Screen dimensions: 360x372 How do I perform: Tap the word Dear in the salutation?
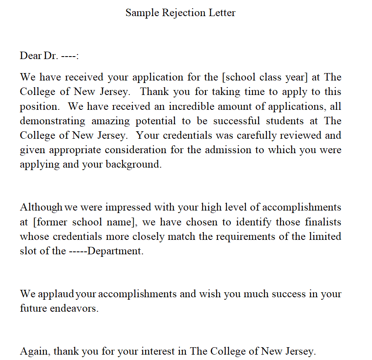point(31,56)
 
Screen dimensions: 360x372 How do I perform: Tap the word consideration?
point(136,150)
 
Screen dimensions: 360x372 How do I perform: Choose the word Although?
point(41,207)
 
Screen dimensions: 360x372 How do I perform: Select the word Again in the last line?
point(35,352)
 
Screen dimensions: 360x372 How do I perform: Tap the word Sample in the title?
point(141,13)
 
